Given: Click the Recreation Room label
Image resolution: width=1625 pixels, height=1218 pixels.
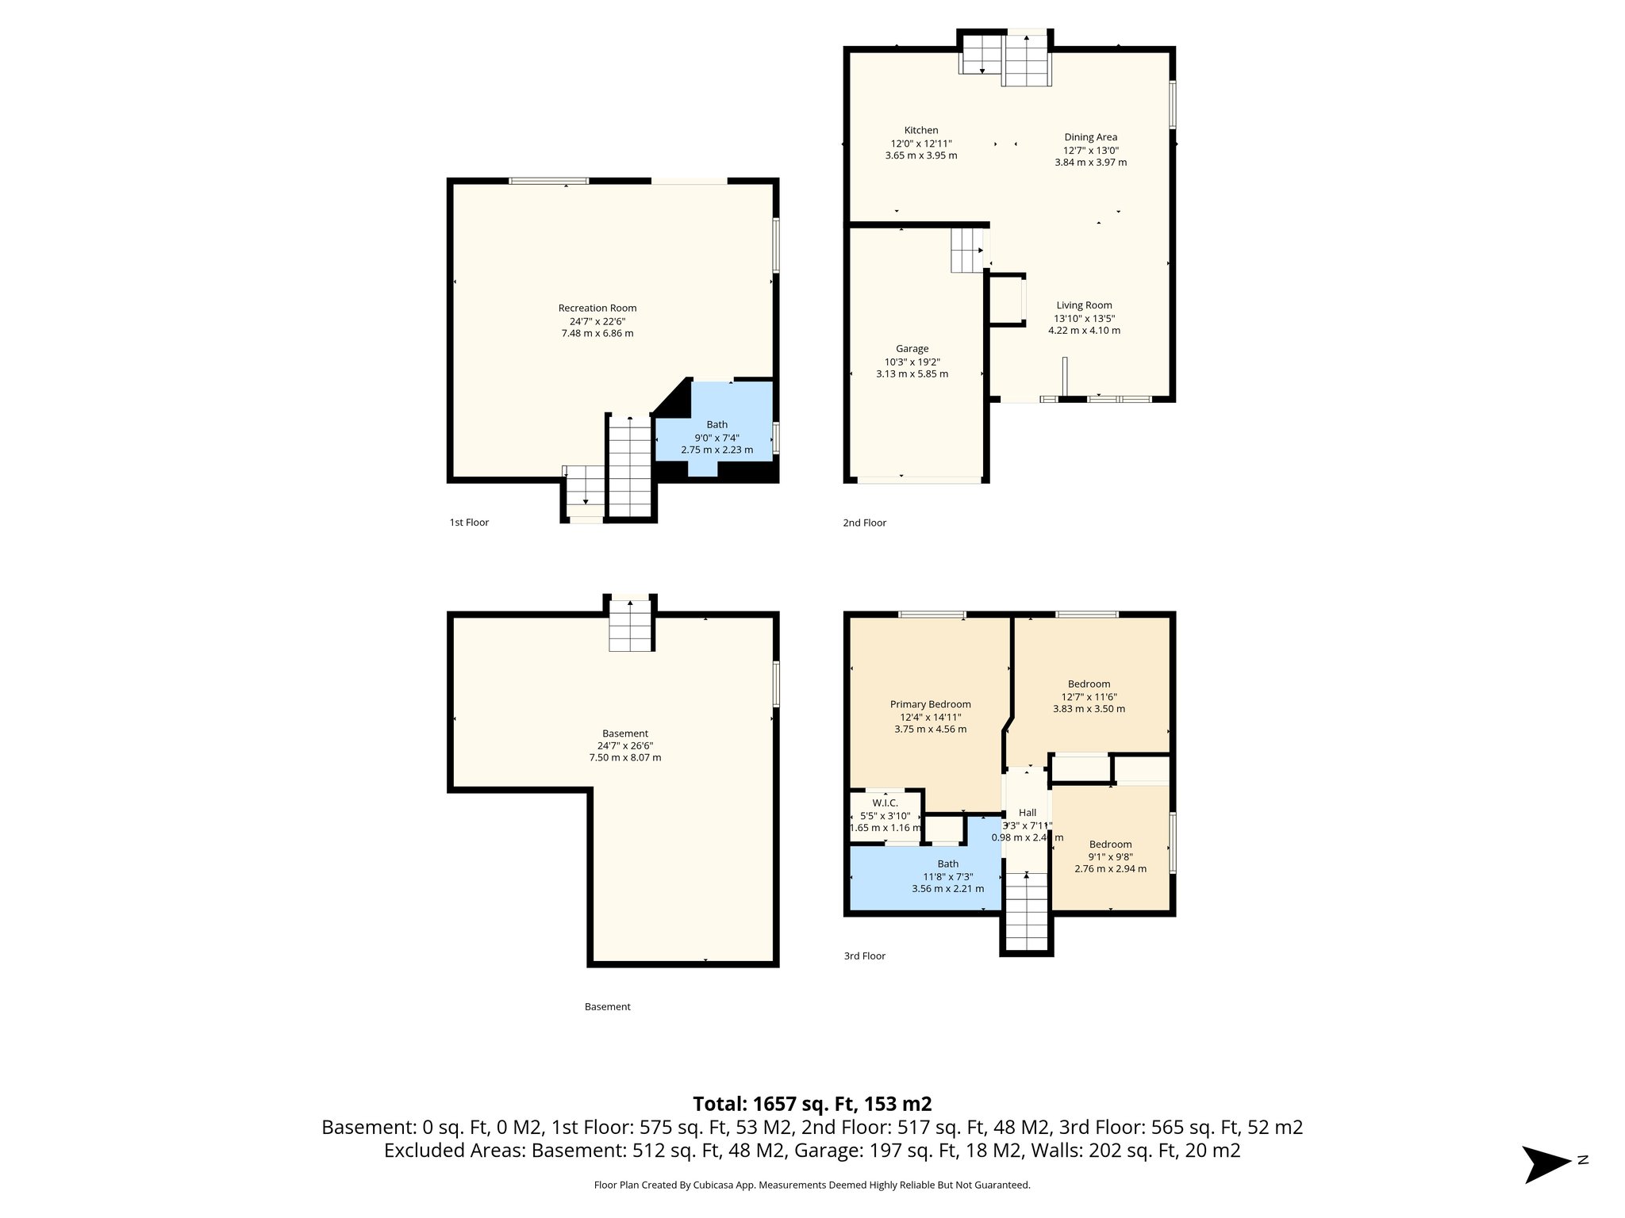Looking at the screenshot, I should point(597,308).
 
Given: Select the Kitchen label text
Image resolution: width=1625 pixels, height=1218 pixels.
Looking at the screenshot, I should point(920,131).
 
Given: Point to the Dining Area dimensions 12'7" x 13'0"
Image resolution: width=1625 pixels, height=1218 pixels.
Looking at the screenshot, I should point(1090,150).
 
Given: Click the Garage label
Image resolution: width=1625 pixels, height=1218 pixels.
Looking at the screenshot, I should point(912,349).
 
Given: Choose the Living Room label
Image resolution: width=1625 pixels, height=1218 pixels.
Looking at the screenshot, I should point(1084,305).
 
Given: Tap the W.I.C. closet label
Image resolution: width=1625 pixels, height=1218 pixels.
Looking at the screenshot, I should point(885,803).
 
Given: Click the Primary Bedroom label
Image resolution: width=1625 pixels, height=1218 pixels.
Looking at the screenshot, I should point(930,704).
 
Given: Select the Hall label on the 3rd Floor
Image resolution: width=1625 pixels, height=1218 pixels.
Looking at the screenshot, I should point(1027,813).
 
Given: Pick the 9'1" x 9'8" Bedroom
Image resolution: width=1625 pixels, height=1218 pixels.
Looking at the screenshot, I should point(1110,856).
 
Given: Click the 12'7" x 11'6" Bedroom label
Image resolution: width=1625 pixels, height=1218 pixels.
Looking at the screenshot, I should point(1089,684).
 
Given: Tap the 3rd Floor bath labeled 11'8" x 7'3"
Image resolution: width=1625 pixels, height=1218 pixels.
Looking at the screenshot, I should point(947,876).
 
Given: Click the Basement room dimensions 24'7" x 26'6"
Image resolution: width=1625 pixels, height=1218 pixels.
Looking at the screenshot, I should point(624,745).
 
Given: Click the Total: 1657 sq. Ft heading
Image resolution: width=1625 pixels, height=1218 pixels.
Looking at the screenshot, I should point(812,1104).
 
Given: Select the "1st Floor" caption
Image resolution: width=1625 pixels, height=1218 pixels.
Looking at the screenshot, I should point(469,523).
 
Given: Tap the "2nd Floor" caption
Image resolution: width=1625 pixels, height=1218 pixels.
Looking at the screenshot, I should point(864,523).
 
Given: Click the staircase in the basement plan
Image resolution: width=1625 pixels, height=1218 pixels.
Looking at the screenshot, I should point(631,626).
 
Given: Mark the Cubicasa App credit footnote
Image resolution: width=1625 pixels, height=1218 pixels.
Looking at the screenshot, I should point(812,1185).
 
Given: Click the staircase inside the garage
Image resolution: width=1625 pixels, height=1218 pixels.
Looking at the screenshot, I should point(966,250).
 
